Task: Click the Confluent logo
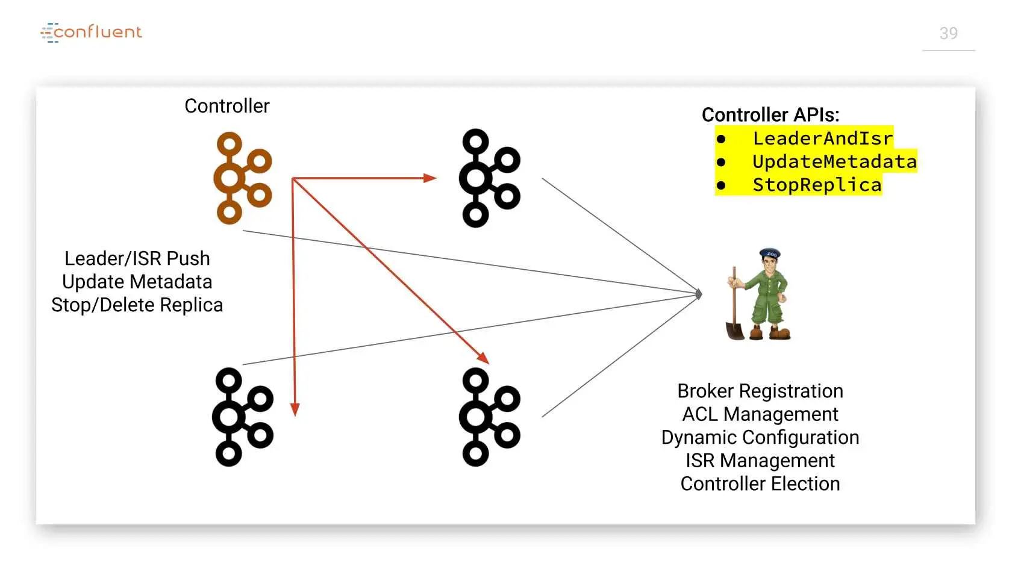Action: tap(92, 33)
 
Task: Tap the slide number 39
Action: tap(948, 34)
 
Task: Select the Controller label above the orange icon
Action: tap(226, 106)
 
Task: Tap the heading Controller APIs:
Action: tap(770, 114)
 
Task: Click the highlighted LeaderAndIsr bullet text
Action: tap(823, 138)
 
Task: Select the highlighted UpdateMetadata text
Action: tap(834, 161)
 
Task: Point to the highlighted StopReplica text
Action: tap(817, 185)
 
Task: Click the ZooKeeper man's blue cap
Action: tap(770, 253)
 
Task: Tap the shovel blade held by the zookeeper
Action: tap(735, 331)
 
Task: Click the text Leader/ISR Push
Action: tap(137, 259)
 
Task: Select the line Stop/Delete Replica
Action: tap(137, 305)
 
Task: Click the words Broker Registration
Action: tap(760, 391)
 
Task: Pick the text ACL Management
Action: tap(760, 414)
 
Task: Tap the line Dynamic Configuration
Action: tap(760, 438)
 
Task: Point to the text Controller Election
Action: tap(760, 483)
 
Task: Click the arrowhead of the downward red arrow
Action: tap(295, 409)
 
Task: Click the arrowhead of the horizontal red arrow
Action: tap(430, 178)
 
